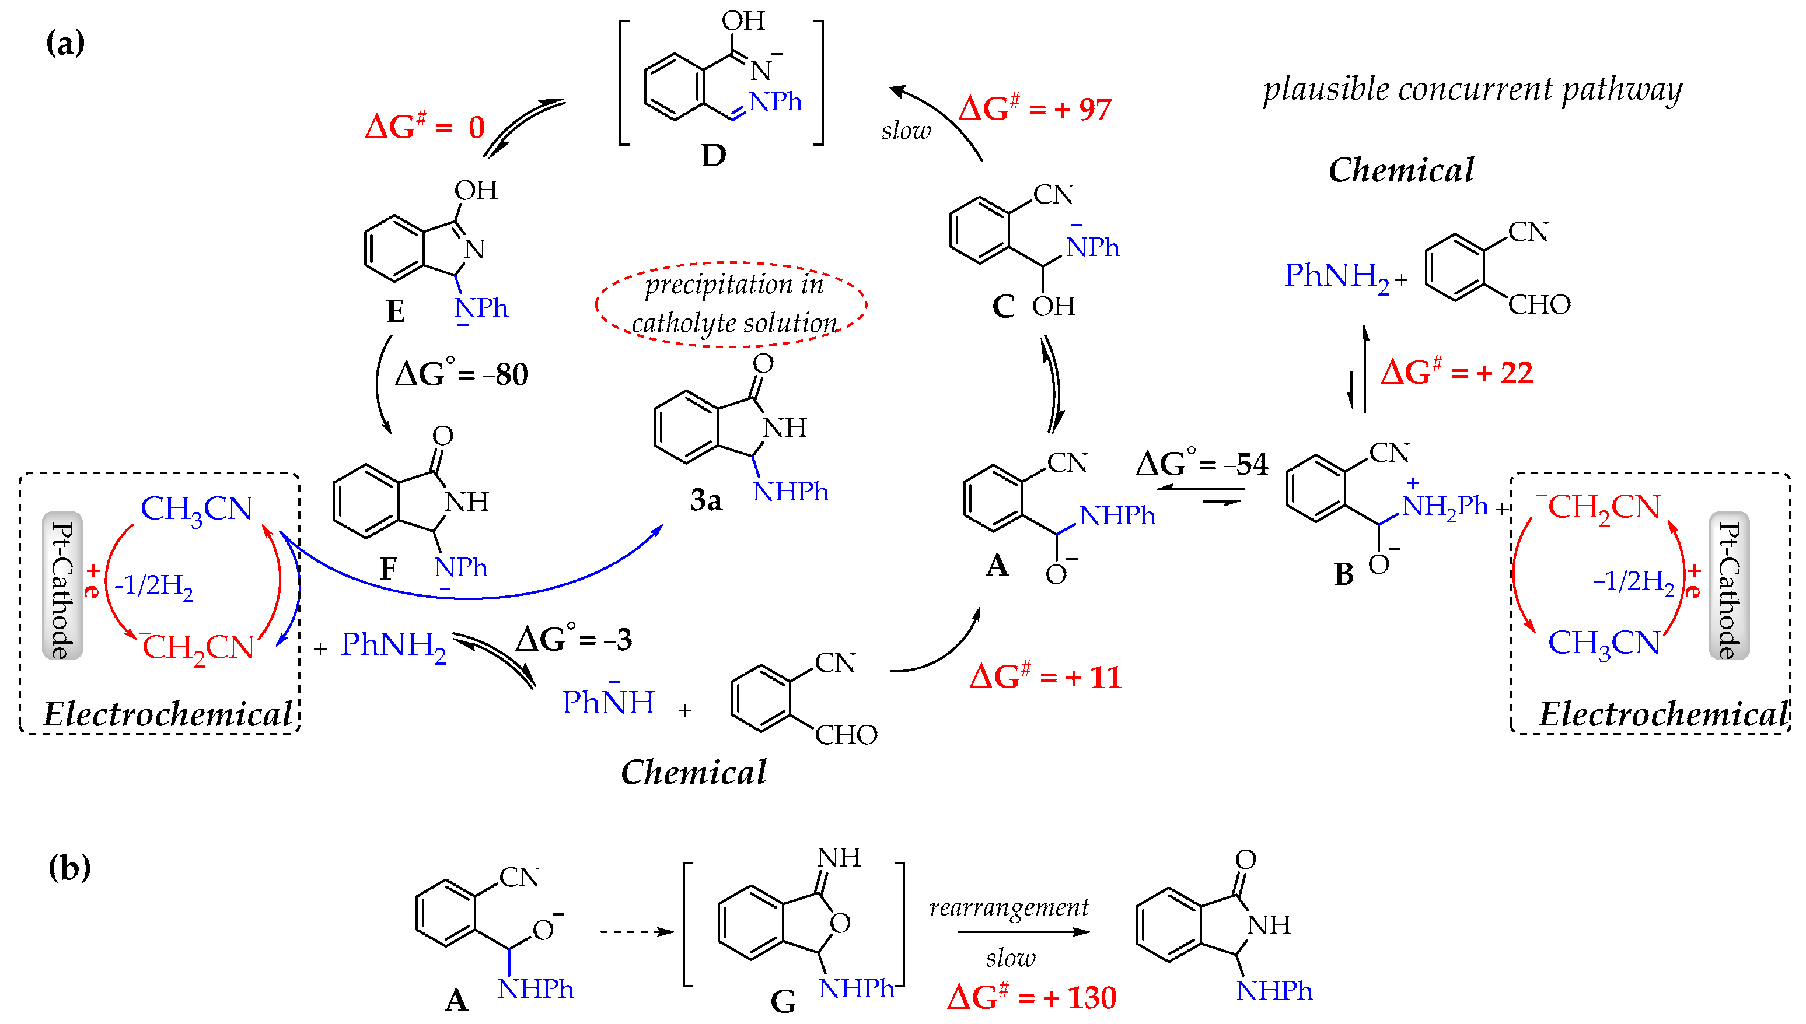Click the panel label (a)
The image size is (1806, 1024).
point(65,44)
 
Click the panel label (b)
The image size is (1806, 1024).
point(69,867)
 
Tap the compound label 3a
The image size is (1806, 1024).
point(705,500)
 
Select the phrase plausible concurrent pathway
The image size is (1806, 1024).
point(1472,90)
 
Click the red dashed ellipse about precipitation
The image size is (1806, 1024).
point(732,304)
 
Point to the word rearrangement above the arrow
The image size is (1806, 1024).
point(1009,907)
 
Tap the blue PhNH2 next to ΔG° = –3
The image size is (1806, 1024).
point(393,645)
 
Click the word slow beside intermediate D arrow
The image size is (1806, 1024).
point(906,131)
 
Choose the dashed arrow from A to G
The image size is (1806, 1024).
point(636,932)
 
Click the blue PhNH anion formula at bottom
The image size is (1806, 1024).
point(608,701)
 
